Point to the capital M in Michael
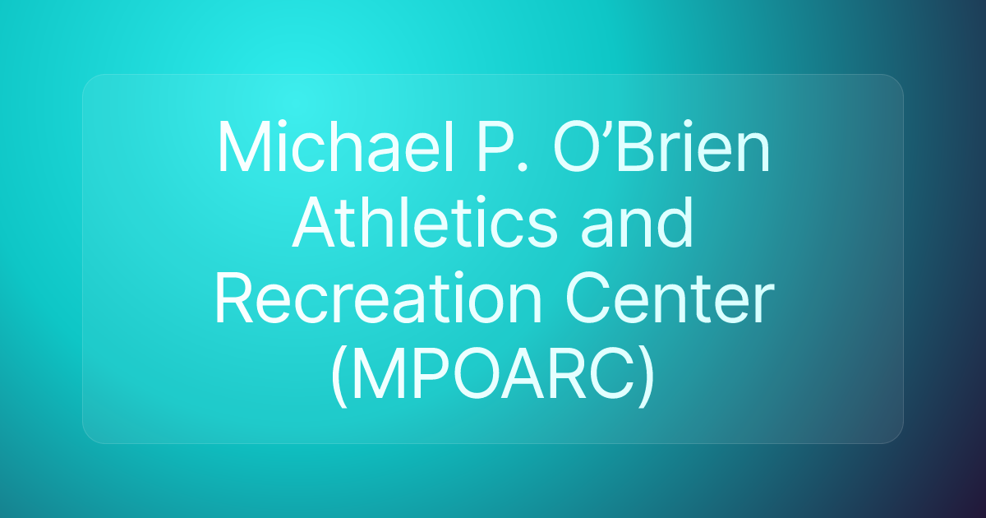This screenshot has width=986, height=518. point(242,149)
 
